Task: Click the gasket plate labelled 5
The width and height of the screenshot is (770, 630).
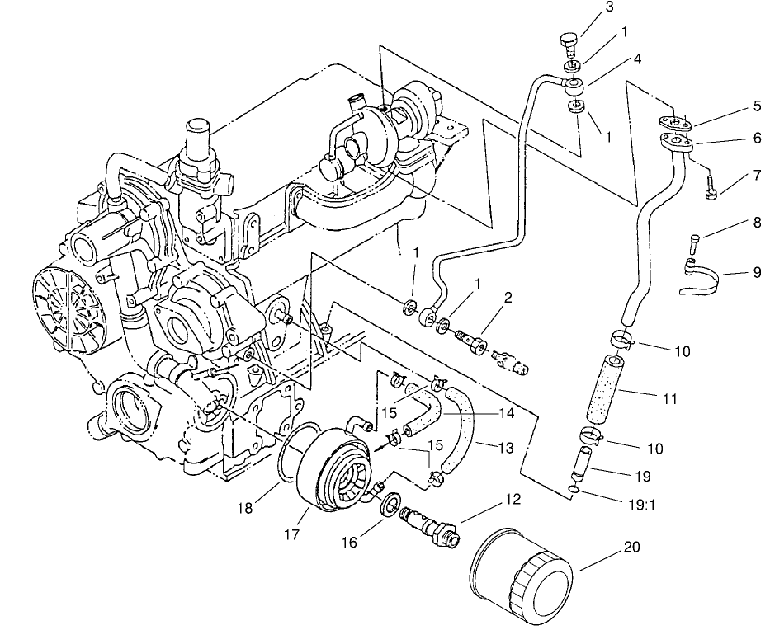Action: tap(675, 122)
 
